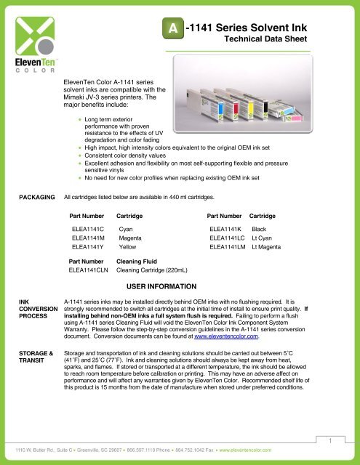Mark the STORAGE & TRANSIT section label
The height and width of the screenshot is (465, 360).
point(31,355)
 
